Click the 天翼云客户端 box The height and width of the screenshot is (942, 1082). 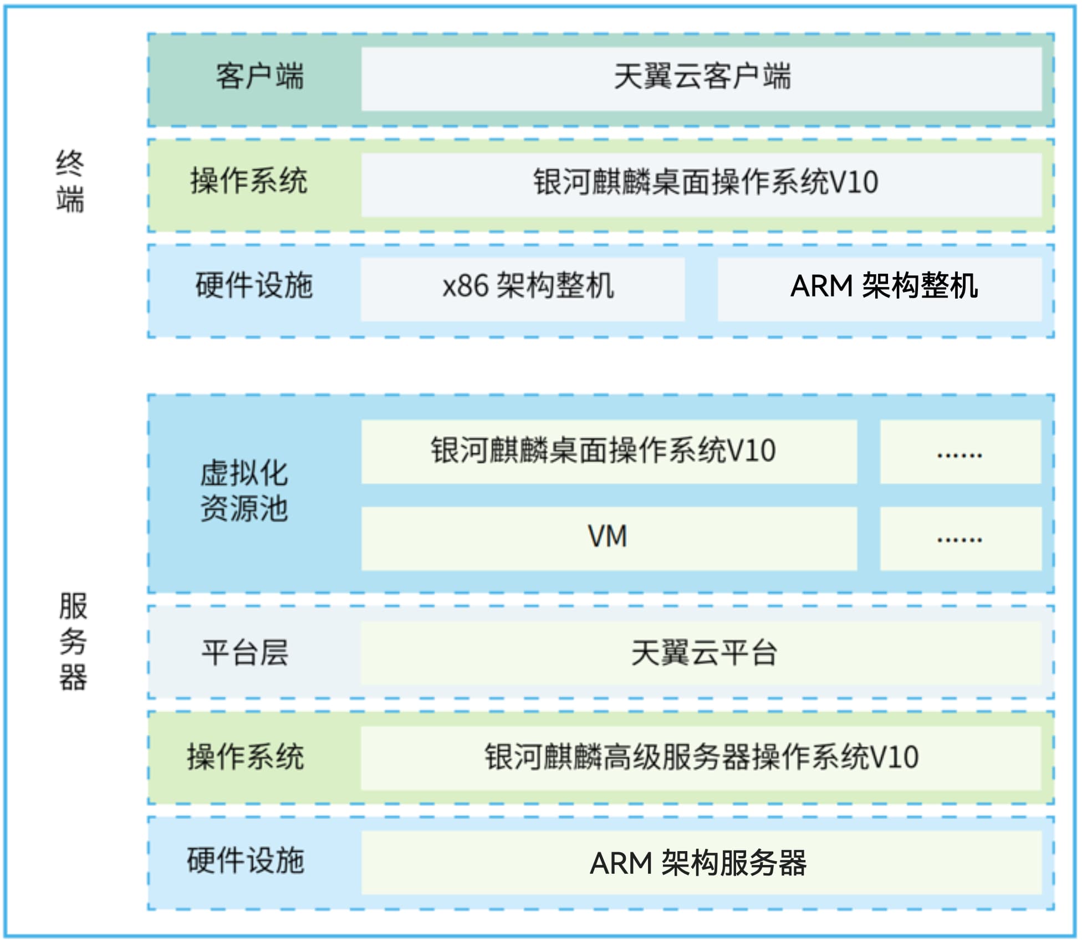[x=701, y=78]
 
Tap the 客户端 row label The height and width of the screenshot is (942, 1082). [x=259, y=76]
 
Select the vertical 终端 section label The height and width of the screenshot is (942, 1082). [x=70, y=181]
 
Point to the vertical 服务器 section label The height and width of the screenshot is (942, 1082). [x=73, y=641]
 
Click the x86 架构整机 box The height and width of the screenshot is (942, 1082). [x=522, y=289]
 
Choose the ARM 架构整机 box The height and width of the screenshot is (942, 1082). [x=880, y=289]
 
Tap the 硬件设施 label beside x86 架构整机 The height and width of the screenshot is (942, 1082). [x=254, y=286]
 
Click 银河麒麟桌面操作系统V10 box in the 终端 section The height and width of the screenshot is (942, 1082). [x=701, y=184]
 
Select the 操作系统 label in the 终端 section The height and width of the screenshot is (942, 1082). [x=249, y=181]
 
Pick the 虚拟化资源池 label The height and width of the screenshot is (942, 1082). [x=244, y=491]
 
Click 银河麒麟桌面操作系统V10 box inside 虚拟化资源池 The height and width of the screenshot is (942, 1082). [x=609, y=452]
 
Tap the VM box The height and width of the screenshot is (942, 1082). [x=609, y=538]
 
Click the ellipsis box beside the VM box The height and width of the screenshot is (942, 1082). [x=960, y=538]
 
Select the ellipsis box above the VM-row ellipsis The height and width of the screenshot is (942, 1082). [x=960, y=452]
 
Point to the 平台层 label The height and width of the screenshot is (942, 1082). [x=245, y=653]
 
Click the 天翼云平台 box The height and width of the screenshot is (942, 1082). [x=701, y=653]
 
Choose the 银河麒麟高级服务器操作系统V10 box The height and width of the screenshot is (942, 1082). [x=701, y=758]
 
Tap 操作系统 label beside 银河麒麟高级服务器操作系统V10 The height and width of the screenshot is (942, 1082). [x=246, y=757]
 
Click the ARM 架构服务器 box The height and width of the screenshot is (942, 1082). [x=701, y=863]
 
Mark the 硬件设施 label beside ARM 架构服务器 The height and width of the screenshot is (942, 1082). [x=246, y=861]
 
